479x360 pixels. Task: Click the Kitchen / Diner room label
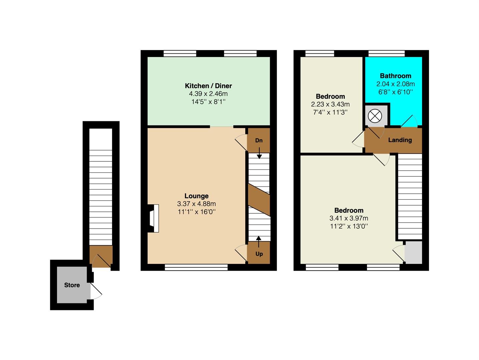208,86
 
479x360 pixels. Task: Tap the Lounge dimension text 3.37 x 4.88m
196,204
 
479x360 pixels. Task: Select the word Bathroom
395,76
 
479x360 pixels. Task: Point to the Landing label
400,140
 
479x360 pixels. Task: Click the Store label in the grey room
72,285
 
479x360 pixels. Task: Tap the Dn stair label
259,140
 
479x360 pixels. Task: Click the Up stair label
259,254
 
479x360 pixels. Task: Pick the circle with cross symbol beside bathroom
375,116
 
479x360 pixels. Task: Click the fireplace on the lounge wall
153,218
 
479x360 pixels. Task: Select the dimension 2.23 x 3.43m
330,104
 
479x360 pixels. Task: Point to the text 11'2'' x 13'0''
349,226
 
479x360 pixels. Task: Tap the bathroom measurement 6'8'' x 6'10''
395,92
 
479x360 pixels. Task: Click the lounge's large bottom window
196,267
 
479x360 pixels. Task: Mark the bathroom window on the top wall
386,53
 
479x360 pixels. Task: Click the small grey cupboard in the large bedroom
413,252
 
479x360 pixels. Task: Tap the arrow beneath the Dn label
259,153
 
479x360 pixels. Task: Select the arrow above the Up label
259,242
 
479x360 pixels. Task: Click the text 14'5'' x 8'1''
208,102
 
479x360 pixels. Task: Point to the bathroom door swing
409,121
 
